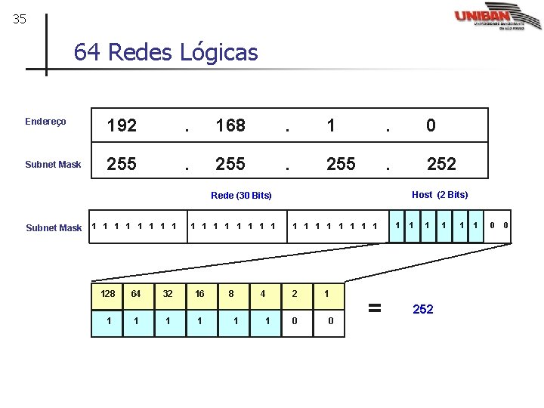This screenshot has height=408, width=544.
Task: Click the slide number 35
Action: pyautogui.click(x=20, y=20)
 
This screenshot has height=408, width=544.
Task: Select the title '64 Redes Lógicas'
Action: pyautogui.click(x=165, y=53)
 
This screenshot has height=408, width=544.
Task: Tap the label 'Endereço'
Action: pyautogui.click(x=45, y=122)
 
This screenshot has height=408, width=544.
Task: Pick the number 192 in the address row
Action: pyautogui.click(x=122, y=126)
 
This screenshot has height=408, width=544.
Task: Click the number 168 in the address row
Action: pyautogui.click(x=230, y=126)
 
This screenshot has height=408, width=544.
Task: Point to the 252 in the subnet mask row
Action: pyautogui.click(x=441, y=164)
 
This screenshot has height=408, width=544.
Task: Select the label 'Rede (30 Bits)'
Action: pyautogui.click(x=241, y=196)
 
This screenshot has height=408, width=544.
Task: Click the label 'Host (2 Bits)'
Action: pyautogui.click(x=440, y=195)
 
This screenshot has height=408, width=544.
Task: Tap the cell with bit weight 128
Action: pyautogui.click(x=108, y=294)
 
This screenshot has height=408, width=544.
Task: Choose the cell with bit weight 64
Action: pyautogui.click(x=135, y=294)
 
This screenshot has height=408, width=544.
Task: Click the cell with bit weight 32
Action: pyautogui.click(x=167, y=294)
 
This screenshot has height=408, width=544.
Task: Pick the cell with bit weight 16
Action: pyautogui.click(x=199, y=294)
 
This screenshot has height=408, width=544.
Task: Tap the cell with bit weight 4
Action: pyautogui.click(x=263, y=294)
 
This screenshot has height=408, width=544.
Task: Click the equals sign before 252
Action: pyautogui.click(x=373, y=308)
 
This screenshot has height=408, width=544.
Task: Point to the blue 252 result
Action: pyautogui.click(x=423, y=309)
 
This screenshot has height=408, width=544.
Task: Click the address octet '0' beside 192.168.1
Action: pyautogui.click(x=431, y=126)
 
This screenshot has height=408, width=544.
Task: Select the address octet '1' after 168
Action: pyautogui.click(x=331, y=126)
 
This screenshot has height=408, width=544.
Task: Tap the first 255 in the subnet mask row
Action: pyautogui.click(x=122, y=164)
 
